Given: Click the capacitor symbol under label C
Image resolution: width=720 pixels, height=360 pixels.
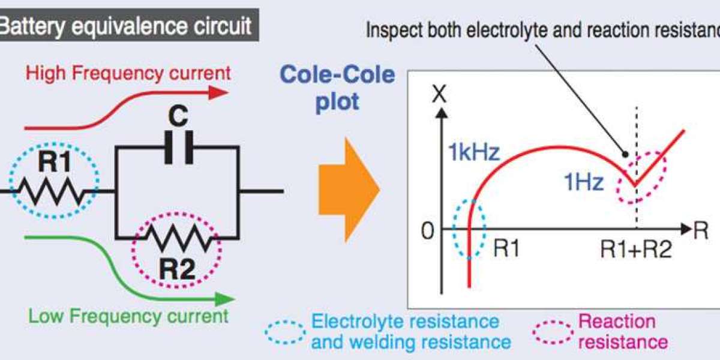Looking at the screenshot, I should tap(179, 148).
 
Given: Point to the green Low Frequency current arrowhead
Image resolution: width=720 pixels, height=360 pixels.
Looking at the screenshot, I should tap(224, 299).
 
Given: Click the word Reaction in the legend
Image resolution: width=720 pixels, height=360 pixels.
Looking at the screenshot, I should tap(617, 322).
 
